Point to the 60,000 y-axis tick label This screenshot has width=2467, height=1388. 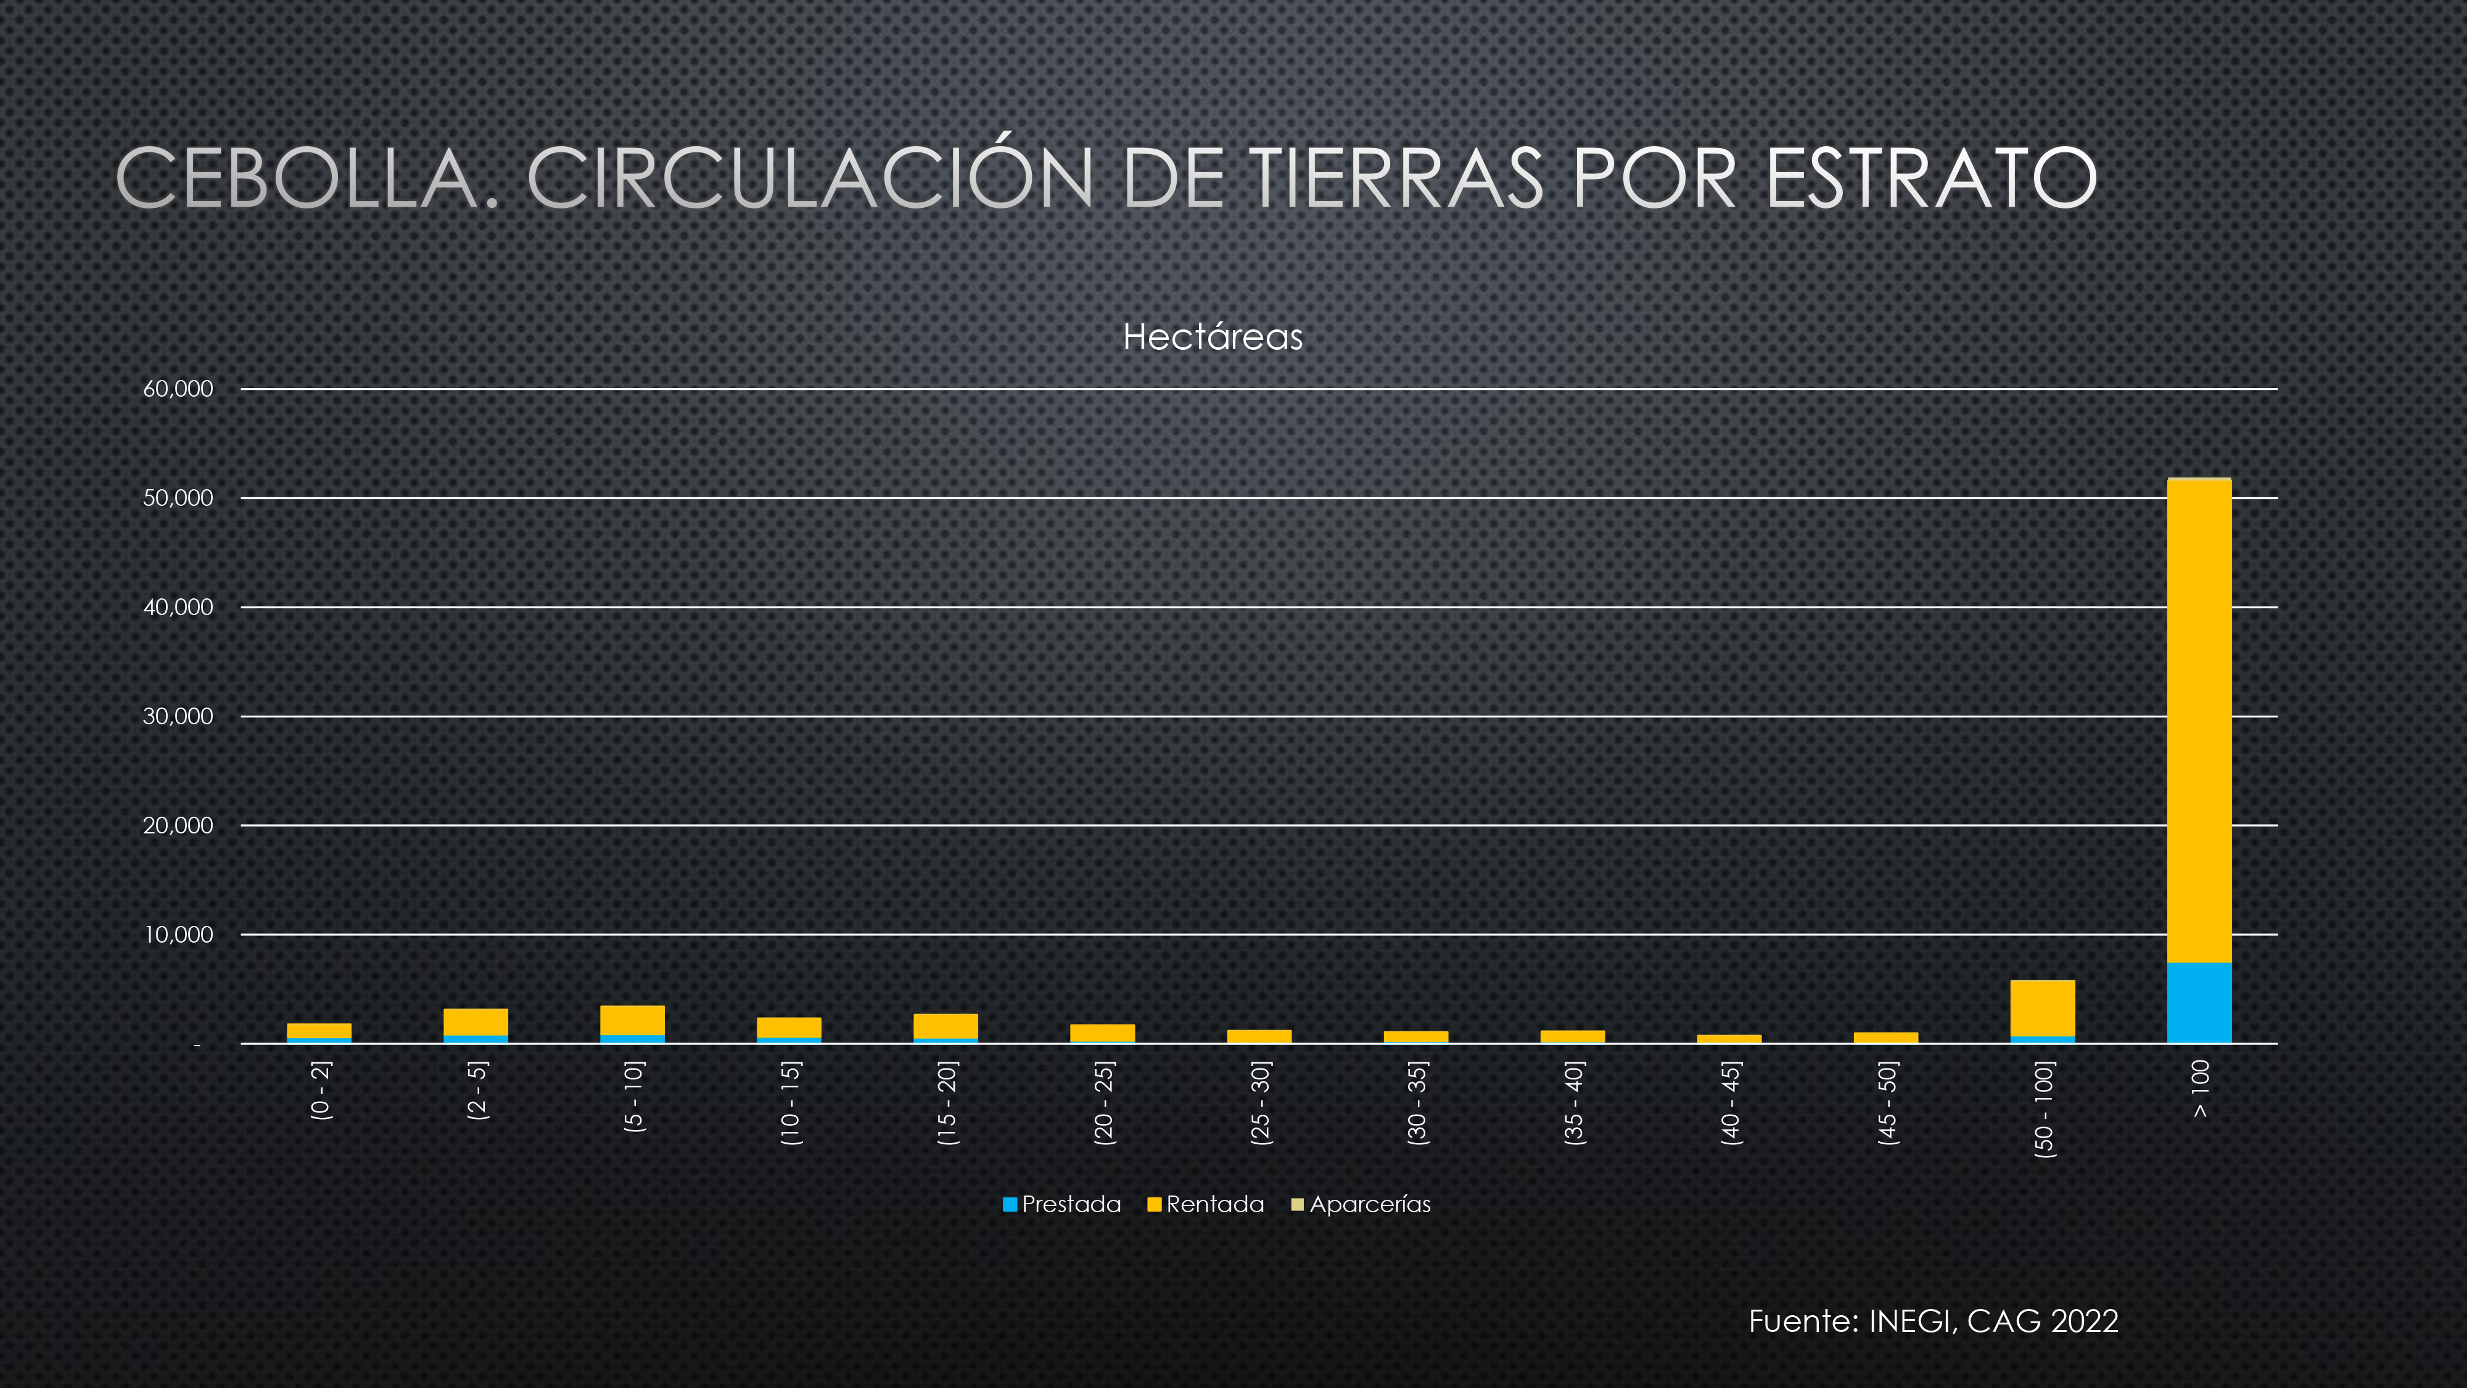(178, 389)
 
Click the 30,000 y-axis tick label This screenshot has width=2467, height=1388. (178, 716)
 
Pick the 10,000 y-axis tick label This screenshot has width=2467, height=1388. (178, 935)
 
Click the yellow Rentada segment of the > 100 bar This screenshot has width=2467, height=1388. (2199, 721)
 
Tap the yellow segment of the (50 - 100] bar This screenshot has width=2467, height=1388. (2042, 1008)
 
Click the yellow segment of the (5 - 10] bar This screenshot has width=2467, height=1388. (632, 1020)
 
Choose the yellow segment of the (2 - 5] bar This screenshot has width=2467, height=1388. (476, 1022)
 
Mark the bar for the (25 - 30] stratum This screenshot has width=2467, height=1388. (1259, 1036)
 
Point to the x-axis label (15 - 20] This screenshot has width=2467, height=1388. (946, 1104)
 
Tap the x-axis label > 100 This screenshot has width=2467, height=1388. (2200, 1088)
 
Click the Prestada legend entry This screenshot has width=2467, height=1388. (1061, 1204)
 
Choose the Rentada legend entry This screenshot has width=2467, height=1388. (1206, 1204)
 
